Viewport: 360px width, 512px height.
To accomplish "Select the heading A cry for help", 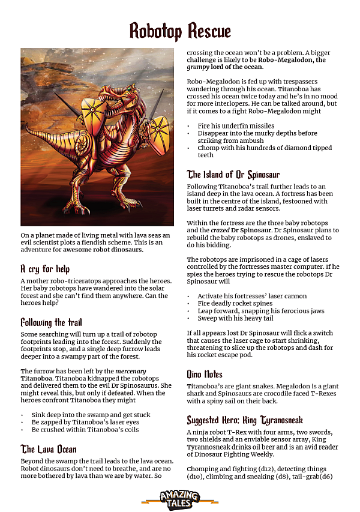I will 46,269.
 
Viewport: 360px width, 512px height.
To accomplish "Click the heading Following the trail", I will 52,322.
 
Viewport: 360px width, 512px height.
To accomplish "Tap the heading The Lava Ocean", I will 49,449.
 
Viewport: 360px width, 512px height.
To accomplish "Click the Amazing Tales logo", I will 179,497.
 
